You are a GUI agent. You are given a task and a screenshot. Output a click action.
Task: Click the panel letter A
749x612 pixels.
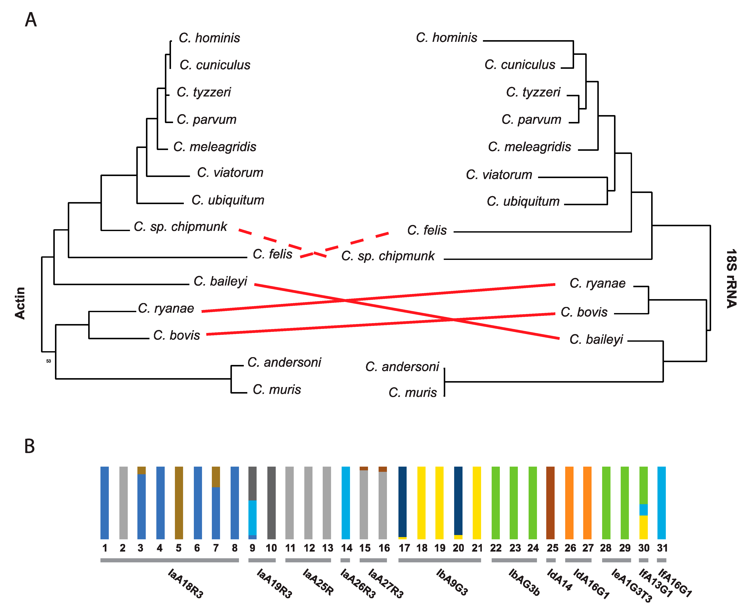(31, 20)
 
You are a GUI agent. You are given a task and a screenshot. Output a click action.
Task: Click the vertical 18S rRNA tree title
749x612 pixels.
(732, 278)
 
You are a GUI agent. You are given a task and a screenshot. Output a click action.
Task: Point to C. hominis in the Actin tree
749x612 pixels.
(209, 38)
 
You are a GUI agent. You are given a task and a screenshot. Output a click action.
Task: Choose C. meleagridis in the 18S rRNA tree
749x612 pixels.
(529, 147)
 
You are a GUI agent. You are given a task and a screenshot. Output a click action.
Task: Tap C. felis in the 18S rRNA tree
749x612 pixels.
(427, 230)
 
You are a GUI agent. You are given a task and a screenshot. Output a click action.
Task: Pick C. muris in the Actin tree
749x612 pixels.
(277, 389)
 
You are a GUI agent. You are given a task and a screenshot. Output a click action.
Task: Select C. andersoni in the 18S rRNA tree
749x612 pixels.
(402, 367)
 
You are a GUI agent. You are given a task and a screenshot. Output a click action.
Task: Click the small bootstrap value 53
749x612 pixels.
(49, 361)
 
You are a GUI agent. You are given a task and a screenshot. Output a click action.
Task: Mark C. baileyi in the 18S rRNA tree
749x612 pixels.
(596, 339)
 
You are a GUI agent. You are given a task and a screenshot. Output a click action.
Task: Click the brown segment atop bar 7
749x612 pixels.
(216, 477)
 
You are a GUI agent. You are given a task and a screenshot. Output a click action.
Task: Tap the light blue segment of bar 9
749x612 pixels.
(253, 518)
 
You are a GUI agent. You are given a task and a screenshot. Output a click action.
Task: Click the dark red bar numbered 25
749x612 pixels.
(550, 503)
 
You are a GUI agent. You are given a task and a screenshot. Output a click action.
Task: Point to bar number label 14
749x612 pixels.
(346, 548)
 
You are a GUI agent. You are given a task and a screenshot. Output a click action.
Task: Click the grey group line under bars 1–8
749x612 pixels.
(169, 560)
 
